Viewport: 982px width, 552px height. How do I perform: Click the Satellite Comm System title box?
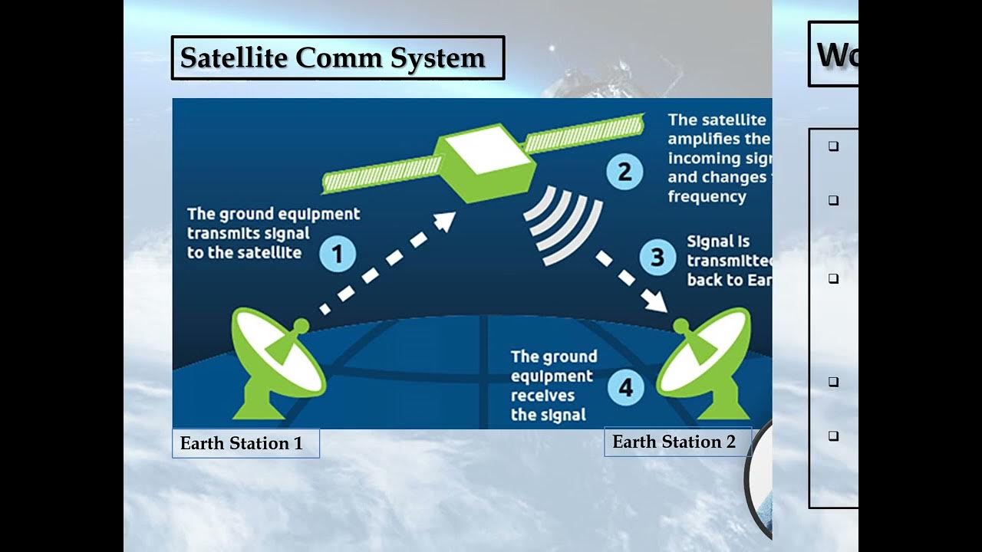point(337,58)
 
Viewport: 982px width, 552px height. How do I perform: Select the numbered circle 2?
point(624,171)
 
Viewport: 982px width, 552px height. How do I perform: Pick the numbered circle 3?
point(657,256)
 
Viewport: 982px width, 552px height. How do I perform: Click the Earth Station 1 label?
point(245,443)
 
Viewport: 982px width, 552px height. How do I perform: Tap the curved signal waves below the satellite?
point(565,223)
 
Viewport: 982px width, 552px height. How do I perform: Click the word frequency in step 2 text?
point(707,196)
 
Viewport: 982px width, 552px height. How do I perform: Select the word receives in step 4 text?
point(542,396)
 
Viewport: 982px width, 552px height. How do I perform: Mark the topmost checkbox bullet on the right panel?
point(833,146)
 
